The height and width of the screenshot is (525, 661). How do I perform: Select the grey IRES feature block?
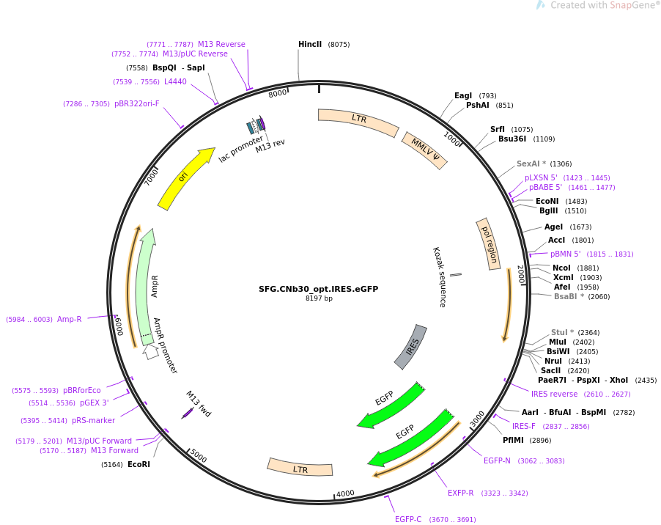tap(411, 346)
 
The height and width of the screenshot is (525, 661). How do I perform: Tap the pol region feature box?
tap(488, 243)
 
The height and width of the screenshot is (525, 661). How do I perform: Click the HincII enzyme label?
tap(310, 45)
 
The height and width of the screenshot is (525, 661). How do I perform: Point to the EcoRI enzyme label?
tap(139, 464)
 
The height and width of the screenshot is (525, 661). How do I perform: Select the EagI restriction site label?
tap(463, 96)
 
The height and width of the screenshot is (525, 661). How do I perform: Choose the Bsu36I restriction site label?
tap(512, 139)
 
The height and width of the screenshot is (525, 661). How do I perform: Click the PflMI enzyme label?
tap(517, 441)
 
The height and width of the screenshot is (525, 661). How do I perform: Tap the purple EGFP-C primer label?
tap(408, 519)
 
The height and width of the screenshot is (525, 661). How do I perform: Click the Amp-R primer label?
tap(70, 319)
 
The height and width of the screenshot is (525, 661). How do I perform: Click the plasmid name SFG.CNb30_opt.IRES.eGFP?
tap(319, 289)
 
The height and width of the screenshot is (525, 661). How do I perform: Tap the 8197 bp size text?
tap(319, 298)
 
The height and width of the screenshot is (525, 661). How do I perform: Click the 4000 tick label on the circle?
tap(345, 493)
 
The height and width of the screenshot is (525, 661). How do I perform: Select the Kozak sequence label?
tap(439, 276)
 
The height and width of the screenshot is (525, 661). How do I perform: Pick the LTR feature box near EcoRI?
tap(300, 467)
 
